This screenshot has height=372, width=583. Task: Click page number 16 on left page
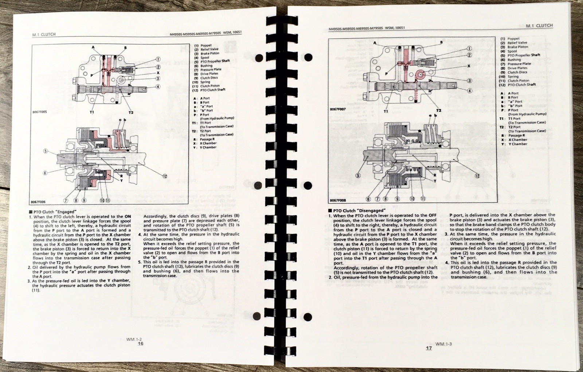[141, 344]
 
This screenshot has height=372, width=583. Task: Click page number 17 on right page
[429, 348]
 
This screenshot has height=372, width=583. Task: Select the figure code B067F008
[338, 201]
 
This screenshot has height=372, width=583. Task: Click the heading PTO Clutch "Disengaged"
[356, 210]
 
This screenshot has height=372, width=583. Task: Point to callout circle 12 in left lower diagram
[165, 176]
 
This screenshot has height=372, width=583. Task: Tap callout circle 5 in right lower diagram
[358, 175]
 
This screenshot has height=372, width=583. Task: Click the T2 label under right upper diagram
[438, 110]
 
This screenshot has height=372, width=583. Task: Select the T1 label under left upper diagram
[92, 112]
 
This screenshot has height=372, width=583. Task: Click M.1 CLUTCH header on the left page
[44, 34]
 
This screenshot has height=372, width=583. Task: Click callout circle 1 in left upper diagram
[158, 59]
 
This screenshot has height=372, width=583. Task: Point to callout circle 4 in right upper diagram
[469, 91]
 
